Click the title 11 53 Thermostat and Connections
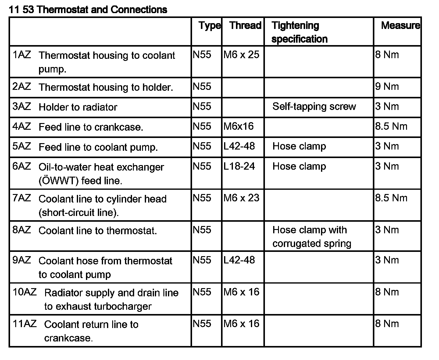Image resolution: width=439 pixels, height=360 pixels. (x=88, y=10)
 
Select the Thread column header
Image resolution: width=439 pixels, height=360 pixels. (x=245, y=25)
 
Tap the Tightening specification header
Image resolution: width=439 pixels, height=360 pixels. (x=299, y=32)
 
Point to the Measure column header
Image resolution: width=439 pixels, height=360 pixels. (x=400, y=25)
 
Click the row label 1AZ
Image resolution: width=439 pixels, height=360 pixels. (x=22, y=55)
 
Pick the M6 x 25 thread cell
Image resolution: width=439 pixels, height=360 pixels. (x=241, y=55)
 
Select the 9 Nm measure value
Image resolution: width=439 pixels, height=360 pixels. (x=387, y=86)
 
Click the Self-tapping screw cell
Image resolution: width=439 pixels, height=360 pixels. (x=314, y=106)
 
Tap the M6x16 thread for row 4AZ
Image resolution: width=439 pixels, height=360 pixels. (x=238, y=126)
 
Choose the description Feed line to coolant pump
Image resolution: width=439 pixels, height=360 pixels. (x=98, y=147)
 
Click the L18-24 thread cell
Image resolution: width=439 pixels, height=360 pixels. (x=239, y=166)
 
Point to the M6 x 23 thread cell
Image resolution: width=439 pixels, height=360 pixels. (x=241, y=198)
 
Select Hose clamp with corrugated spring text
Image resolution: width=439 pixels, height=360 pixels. (x=312, y=237)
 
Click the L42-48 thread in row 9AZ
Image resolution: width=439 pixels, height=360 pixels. (x=239, y=260)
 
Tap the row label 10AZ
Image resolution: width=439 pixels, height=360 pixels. (x=24, y=292)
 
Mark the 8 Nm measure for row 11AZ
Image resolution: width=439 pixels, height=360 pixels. (x=387, y=323)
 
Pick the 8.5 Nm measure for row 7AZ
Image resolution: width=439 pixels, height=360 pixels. (x=391, y=198)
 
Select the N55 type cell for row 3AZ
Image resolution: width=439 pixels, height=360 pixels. (x=202, y=106)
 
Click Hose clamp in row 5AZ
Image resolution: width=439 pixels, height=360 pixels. (x=299, y=146)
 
